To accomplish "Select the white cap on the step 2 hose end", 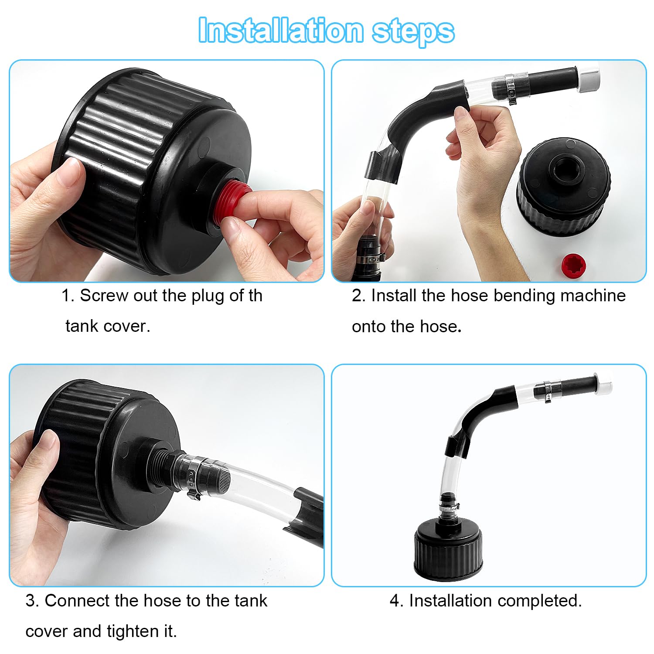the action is tap(589, 78).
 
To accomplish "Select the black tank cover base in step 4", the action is tap(449, 550).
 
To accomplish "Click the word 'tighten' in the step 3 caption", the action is tap(135, 631).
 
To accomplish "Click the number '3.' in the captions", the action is tap(32, 601).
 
